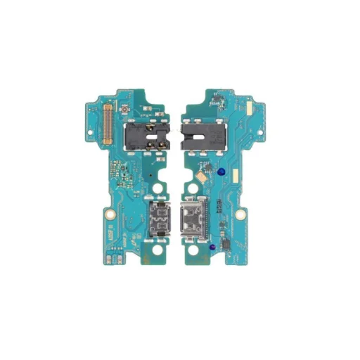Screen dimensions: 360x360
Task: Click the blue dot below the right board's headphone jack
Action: (x=220, y=171)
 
